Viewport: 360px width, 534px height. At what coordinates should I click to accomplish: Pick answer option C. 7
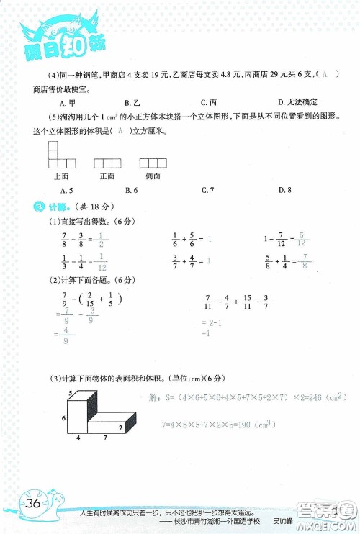[208, 190]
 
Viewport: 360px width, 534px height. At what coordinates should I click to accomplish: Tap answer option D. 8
[284, 190]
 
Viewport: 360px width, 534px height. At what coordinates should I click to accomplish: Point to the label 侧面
[153, 176]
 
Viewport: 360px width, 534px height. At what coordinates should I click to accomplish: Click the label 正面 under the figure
[107, 176]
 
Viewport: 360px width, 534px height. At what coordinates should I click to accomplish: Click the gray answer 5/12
[302, 238]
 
